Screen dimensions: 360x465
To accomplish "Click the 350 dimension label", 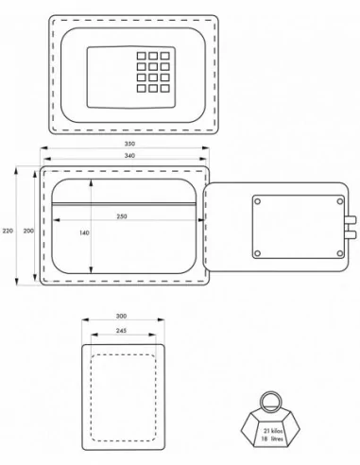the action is (x=129, y=144).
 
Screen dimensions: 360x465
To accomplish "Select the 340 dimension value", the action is (x=129, y=156).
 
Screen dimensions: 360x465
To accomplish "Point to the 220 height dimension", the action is (x=8, y=231).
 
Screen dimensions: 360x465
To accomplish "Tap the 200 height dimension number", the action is (x=28, y=231).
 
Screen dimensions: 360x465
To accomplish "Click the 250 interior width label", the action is (x=122, y=216).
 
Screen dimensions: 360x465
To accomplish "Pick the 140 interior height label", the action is (x=84, y=232).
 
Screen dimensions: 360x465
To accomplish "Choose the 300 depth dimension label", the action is (x=121, y=316).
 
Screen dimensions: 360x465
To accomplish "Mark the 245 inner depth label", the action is (x=121, y=331).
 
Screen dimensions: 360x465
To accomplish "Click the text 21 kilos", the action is (x=273, y=431).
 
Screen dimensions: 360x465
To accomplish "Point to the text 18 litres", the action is (x=272, y=439).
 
